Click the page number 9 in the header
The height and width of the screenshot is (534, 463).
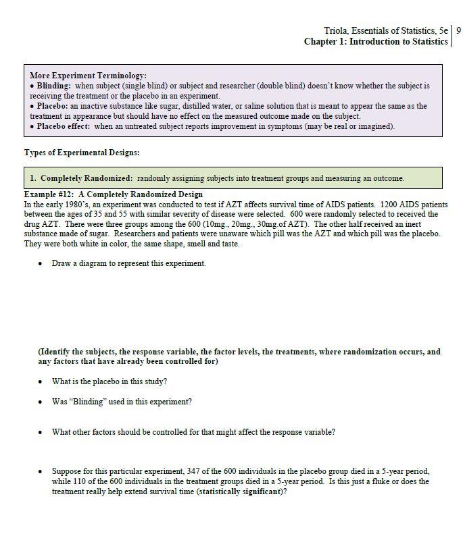(459, 30)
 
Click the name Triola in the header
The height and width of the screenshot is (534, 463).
(337, 30)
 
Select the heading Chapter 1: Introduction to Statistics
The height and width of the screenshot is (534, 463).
(376, 42)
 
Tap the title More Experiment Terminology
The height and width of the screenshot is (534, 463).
(88, 76)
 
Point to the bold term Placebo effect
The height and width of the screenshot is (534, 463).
(64, 126)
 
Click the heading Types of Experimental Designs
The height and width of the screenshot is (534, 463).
(82, 153)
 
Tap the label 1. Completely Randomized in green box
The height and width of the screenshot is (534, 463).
(81, 178)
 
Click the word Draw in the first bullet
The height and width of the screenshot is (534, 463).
(61, 263)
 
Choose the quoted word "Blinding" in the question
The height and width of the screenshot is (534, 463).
(87, 402)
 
